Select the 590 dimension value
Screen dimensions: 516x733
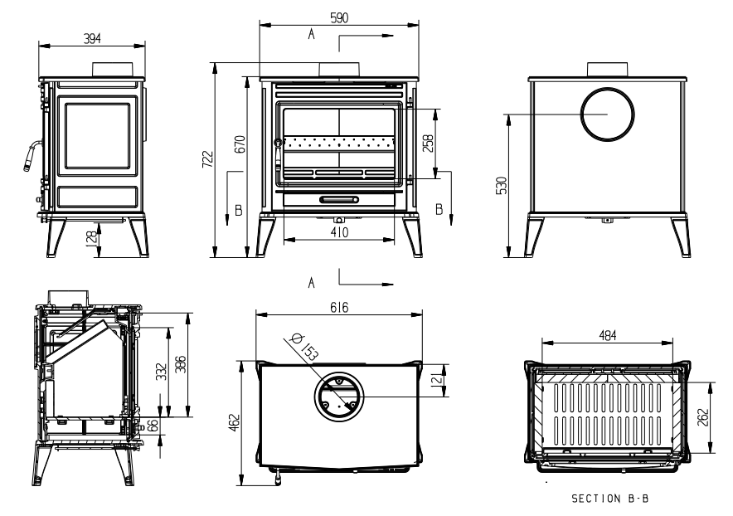pyautogui.click(x=339, y=17)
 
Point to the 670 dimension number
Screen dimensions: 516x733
pyautogui.click(x=240, y=144)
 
